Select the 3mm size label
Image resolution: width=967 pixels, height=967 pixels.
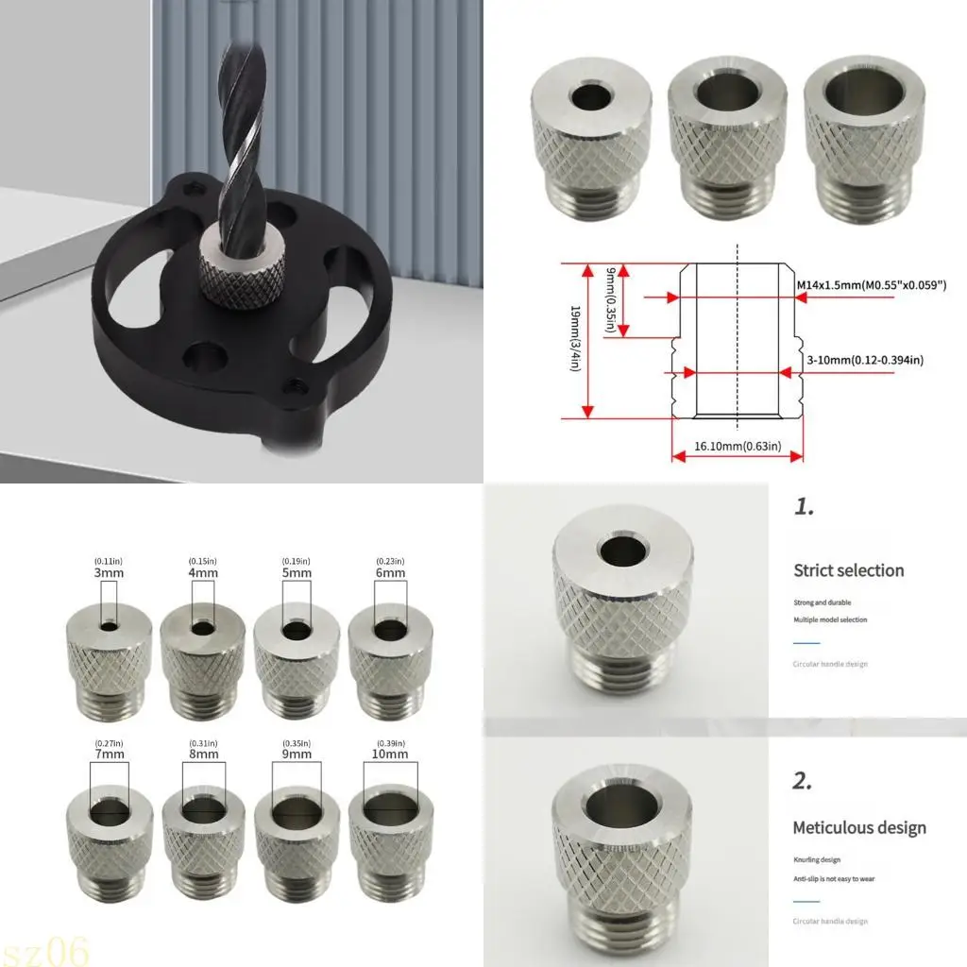(x=109, y=572)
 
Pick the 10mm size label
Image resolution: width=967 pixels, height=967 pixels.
(x=390, y=755)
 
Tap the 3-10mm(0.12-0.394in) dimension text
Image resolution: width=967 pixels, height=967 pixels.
(x=864, y=360)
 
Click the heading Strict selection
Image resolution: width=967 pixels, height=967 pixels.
(x=848, y=570)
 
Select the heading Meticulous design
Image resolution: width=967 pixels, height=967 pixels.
(x=859, y=828)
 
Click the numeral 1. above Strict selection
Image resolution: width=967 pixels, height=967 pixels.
(x=803, y=507)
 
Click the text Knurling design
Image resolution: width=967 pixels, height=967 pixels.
(x=817, y=860)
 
